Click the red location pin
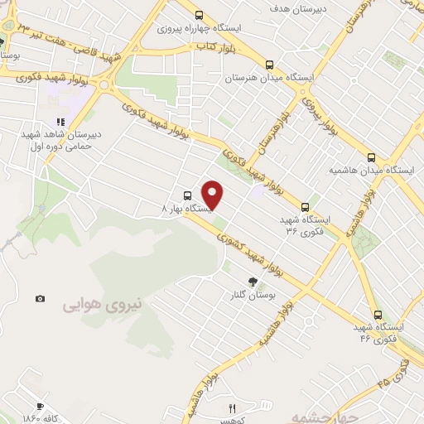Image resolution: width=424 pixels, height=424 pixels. point(213,195)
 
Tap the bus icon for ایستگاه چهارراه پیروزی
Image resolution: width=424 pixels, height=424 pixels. point(199,14)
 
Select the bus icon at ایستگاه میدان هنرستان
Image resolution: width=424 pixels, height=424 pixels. point(269,65)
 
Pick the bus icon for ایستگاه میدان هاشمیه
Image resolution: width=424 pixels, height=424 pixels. point(370,157)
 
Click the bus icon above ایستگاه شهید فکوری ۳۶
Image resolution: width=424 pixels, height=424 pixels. point(306,206)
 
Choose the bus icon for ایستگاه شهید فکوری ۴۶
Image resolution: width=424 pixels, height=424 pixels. point(378,315)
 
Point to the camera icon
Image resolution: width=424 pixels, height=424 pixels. point(40,298)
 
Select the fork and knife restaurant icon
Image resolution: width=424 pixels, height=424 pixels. point(233,407)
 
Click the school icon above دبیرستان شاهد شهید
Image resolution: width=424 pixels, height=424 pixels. point(60,122)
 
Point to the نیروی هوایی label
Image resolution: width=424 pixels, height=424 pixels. point(103,304)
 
